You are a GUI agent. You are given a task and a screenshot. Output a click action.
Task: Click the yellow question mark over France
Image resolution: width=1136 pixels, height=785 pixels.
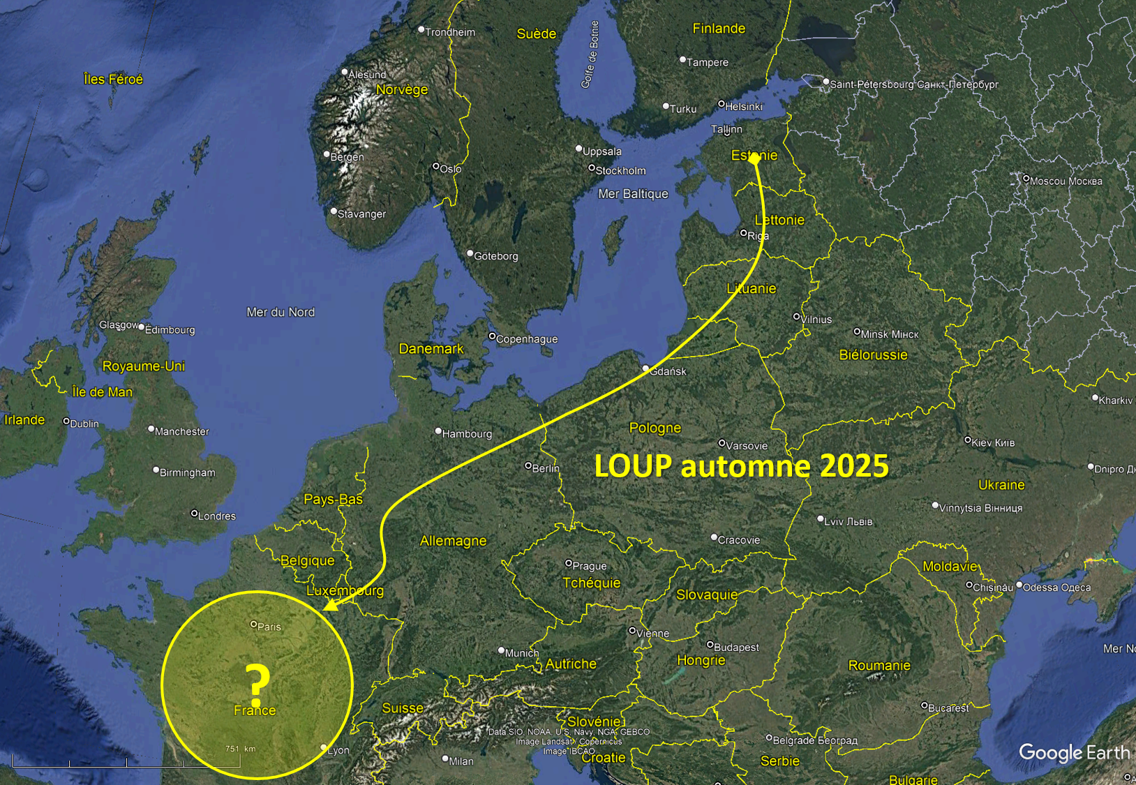(x=257, y=685)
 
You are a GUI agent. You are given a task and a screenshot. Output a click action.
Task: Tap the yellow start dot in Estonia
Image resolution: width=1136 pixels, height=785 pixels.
(x=754, y=159)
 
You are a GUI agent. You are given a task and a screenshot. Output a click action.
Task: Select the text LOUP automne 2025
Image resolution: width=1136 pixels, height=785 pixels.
(x=741, y=466)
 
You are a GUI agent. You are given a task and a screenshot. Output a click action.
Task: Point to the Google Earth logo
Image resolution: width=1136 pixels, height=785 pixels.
(x=1074, y=753)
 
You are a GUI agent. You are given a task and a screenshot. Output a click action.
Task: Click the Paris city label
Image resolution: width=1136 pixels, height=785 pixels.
(x=269, y=627)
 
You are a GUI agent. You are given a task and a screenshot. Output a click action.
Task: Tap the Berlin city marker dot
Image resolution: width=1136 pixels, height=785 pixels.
(x=528, y=465)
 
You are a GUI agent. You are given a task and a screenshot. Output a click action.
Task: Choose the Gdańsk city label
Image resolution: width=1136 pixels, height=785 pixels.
(x=668, y=371)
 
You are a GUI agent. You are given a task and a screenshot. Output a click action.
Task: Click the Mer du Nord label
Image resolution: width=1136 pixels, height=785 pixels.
(x=281, y=312)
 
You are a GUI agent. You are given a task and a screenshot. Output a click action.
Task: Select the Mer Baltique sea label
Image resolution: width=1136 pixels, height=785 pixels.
(x=633, y=194)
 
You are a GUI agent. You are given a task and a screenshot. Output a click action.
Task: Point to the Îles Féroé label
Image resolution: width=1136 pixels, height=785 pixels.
(x=113, y=80)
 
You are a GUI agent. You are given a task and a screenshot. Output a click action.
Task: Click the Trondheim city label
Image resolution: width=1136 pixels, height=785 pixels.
(x=450, y=32)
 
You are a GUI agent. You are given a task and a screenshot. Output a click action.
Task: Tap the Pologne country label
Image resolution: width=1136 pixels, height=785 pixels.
(x=655, y=428)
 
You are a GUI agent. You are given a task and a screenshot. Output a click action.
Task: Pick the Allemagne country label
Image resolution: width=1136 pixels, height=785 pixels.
(x=453, y=541)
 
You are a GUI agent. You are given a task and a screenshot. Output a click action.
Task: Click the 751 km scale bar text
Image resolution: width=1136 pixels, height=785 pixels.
(x=240, y=749)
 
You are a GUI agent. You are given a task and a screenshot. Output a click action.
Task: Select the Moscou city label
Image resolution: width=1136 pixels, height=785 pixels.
(x=1066, y=181)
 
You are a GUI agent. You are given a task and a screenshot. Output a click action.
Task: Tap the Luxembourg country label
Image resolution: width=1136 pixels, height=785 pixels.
(x=345, y=590)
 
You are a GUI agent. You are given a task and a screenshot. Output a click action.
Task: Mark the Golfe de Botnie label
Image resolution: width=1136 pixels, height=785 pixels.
(x=590, y=54)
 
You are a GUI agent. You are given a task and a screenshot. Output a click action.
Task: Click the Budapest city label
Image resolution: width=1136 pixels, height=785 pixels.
(x=736, y=648)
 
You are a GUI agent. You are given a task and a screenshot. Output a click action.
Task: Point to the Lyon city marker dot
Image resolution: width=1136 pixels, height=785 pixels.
(x=324, y=747)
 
